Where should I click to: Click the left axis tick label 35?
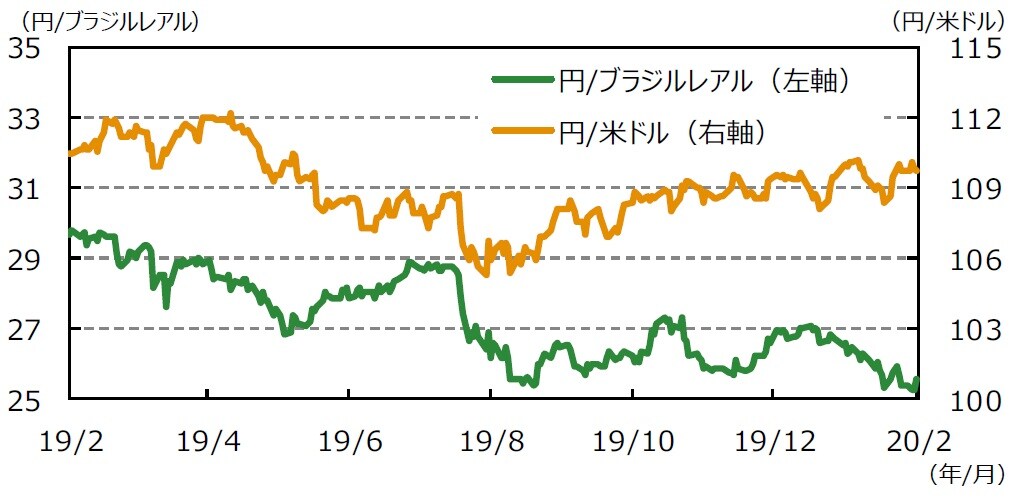(x=29, y=48)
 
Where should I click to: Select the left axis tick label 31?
(x=29, y=189)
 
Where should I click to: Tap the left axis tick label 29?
(x=29, y=259)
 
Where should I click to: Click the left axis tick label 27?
(x=29, y=329)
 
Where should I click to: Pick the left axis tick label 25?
(x=29, y=399)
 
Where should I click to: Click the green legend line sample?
(x=522, y=80)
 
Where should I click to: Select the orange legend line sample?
(x=522, y=130)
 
